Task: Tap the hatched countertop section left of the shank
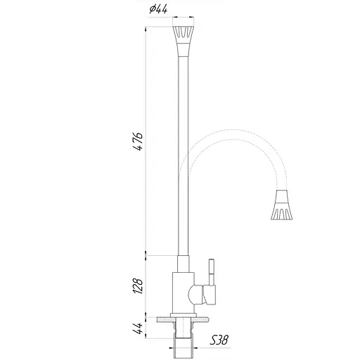[x=163, y=320]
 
